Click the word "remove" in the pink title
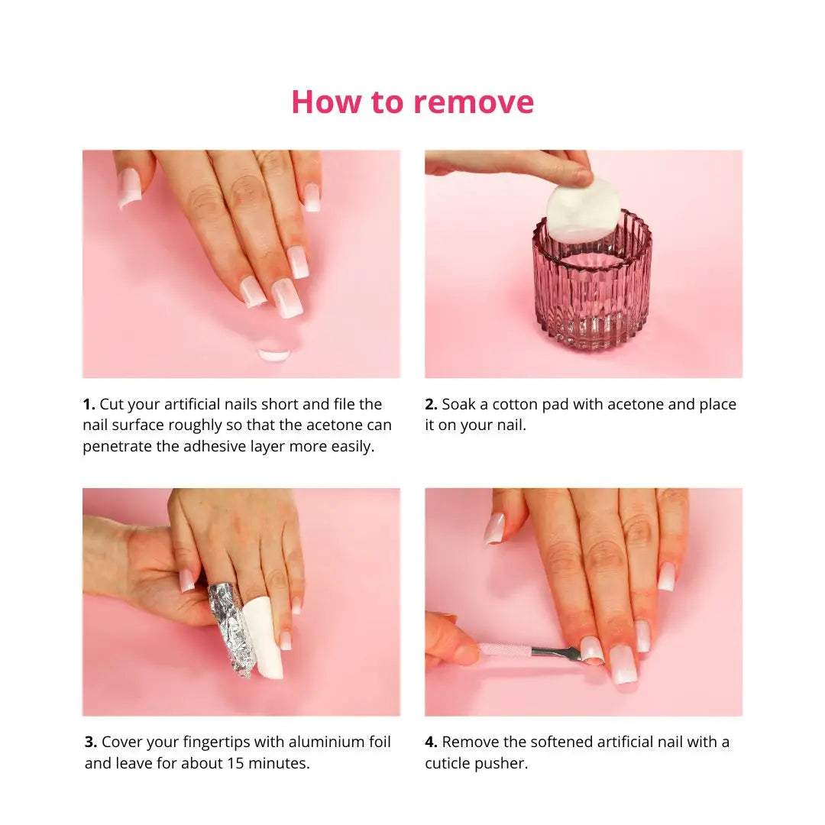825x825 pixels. [x=474, y=102]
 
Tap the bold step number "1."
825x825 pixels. [x=89, y=404]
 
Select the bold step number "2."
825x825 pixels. [x=432, y=404]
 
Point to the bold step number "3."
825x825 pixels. [x=91, y=742]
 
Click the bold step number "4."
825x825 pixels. [x=432, y=742]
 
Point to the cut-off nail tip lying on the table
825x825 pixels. [x=273, y=355]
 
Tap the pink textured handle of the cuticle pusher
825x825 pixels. [x=505, y=650]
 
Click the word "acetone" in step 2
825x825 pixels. [x=635, y=405]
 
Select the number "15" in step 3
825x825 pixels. [x=235, y=763]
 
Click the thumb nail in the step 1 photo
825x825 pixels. [x=129, y=188]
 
